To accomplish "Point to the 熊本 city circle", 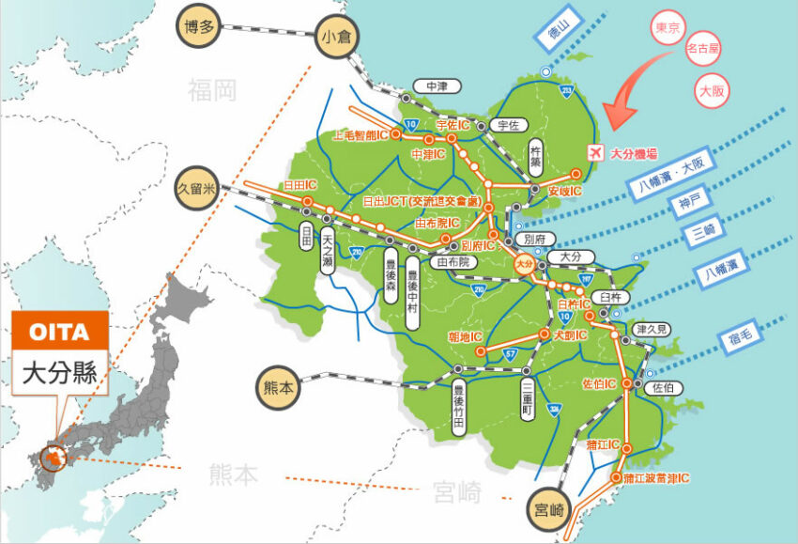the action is pyautogui.click(x=279, y=385).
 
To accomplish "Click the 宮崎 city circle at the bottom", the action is pyautogui.click(x=549, y=511).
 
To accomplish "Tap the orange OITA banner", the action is pyautogui.click(x=61, y=331).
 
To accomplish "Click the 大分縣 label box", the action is pyautogui.click(x=61, y=370).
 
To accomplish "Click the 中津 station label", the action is pyautogui.click(x=437, y=86).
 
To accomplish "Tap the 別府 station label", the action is pyautogui.click(x=533, y=240).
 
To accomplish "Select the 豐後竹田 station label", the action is pyautogui.click(x=458, y=408).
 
